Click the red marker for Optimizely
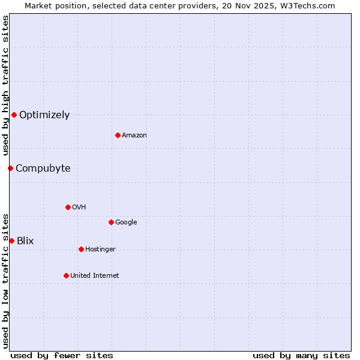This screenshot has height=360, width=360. click(x=14, y=115)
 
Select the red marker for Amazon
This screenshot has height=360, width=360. click(x=118, y=135)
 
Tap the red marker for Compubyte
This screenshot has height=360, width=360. click(x=10, y=168)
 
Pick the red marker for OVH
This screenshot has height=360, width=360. click(x=68, y=207)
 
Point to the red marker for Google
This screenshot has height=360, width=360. click(x=111, y=222)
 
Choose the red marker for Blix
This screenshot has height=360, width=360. click(x=11, y=241)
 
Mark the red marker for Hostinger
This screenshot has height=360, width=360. click(x=81, y=249)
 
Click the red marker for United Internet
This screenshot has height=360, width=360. click(x=66, y=275)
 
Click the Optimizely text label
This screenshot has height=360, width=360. click(x=44, y=115)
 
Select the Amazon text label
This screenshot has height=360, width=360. click(x=134, y=136)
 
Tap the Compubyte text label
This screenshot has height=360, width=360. click(x=43, y=169)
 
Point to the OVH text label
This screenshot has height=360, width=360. click(x=79, y=208)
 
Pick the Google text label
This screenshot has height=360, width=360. click(x=126, y=223)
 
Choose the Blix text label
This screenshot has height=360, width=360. click(x=25, y=241)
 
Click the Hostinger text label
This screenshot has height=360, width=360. click(x=100, y=250)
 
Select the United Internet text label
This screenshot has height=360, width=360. click(x=95, y=276)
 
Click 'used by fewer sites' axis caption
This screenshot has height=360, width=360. click(x=62, y=355)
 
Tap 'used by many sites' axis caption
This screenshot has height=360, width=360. click(x=301, y=355)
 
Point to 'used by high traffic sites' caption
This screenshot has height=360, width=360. click(x=5, y=86)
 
